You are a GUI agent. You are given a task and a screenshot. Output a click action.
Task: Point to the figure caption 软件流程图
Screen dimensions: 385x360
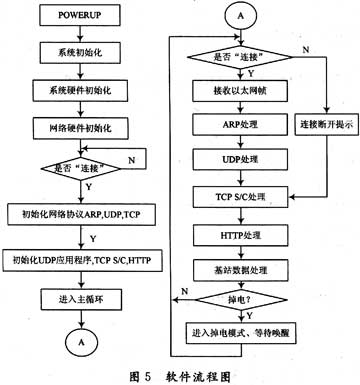[x=205, y=376]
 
